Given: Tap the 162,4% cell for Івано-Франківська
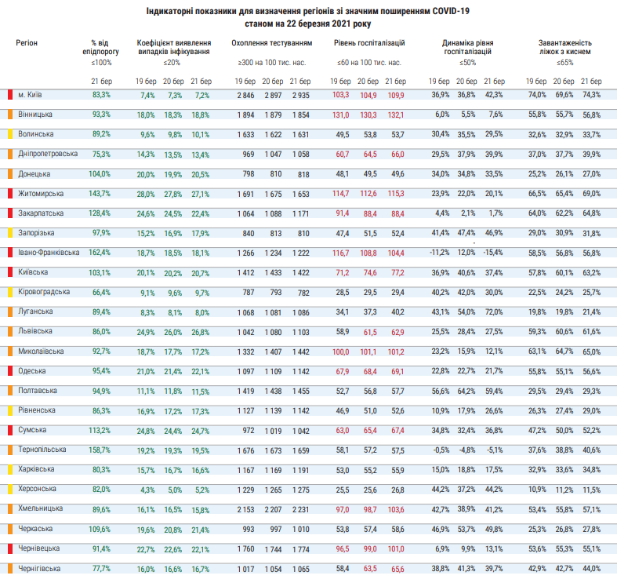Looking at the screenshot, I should coord(101,252).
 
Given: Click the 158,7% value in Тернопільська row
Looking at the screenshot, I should coord(101,450).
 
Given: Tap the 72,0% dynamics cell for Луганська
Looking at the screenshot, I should coord(492,311).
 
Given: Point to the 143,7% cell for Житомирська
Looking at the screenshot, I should coord(101,193).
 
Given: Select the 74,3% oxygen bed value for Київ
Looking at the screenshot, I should coord(590,94).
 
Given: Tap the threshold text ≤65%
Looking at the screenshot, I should coord(564,62).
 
